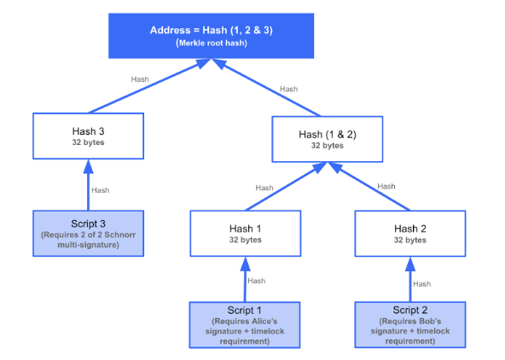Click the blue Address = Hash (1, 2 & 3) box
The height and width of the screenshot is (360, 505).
[212, 36]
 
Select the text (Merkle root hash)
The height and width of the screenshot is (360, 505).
[212, 44]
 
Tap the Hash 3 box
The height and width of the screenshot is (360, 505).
[88, 136]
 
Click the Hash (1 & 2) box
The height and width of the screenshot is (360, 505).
[328, 139]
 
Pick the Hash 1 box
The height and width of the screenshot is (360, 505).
[246, 234]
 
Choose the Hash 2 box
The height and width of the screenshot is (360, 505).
[410, 234]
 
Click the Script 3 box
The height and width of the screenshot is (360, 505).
[88, 234]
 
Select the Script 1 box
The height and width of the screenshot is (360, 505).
[245, 325]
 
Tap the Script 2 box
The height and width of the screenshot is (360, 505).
[410, 325]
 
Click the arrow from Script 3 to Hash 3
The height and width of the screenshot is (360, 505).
[88, 185]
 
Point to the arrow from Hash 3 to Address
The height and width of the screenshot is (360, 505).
[150, 85]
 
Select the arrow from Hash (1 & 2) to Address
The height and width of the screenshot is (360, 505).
[266, 87]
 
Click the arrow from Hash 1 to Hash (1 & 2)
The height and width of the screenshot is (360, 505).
[287, 186]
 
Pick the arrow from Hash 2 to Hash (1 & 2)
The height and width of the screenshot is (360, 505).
[369, 186]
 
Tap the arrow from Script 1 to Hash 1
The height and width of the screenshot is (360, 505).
[245, 279]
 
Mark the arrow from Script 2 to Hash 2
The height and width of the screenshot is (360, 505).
[410, 279]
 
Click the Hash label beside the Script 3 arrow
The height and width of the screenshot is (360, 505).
[101, 190]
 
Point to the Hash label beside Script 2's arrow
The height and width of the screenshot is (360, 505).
[422, 284]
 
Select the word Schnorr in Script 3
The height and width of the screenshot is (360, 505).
[120, 235]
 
